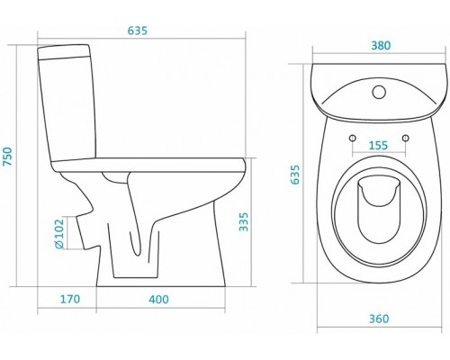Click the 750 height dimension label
(7, 157)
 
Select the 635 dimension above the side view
(138, 31)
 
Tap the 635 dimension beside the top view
(295, 175)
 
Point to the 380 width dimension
(381, 45)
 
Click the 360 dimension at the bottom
(379, 319)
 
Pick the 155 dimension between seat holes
(378, 145)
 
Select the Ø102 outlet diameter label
(59, 234)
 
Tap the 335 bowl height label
(244, 221)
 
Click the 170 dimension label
(70, 299)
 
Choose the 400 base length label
(158, 299)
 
